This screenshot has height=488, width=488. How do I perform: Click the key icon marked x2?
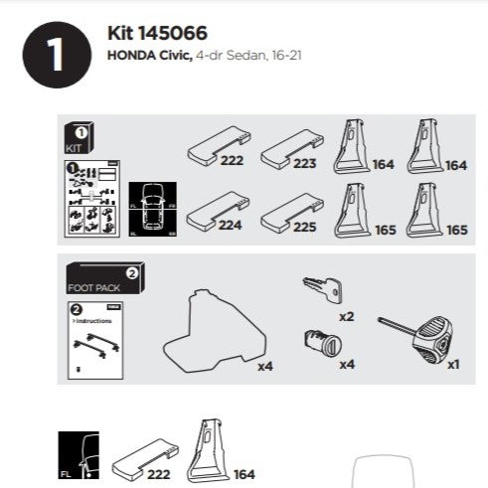(x=321, y=289)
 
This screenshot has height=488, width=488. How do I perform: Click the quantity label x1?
(x=453, y=364)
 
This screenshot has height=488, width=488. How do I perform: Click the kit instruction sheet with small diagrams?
(x=92, y=199)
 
